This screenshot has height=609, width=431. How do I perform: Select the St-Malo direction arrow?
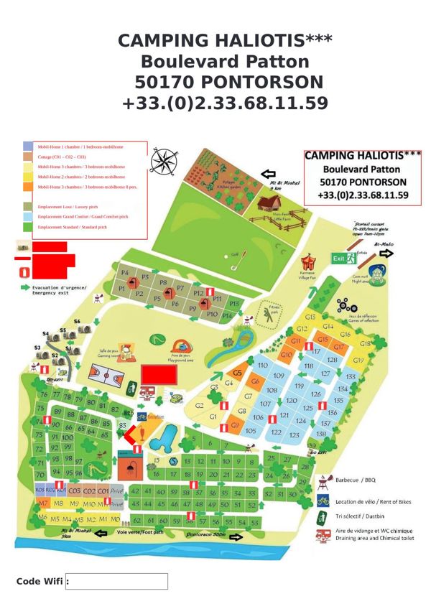point(389,253)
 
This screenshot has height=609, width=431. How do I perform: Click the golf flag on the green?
point(243,254)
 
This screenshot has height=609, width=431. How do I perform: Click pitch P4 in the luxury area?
point(125,273)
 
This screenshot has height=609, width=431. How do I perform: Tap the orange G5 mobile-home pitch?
point(237,373)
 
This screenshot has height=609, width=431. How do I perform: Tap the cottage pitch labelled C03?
point(73,491)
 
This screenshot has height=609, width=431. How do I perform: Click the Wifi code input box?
point(117,581)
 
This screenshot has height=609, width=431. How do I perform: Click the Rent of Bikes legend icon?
point(323,501)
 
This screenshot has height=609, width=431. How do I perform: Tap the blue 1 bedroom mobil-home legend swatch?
point(27,146)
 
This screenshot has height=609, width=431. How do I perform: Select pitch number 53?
point(256,522)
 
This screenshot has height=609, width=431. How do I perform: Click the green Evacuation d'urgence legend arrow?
point(26,287)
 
